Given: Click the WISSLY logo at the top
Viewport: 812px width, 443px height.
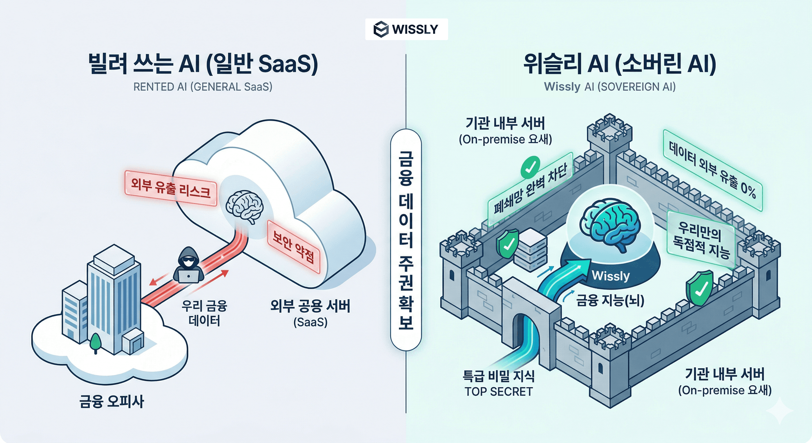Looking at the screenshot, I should [406, 29].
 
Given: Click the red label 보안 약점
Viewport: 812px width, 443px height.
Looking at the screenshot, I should [294, 247].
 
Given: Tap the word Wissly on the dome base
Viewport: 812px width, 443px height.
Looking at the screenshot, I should [610, 276].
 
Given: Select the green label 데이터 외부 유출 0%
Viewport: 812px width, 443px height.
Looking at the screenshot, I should [713, 170].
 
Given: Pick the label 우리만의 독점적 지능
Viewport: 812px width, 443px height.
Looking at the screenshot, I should [701, 240].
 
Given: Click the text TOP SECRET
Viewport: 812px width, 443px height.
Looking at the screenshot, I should [498, 392].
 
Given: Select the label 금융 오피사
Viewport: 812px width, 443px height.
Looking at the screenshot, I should [112, 401].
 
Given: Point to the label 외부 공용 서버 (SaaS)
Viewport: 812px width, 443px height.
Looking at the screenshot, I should [310, 313].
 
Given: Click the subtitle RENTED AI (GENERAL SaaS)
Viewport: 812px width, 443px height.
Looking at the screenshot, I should [203, 87].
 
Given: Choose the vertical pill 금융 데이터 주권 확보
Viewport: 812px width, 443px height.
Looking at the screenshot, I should [406, 240].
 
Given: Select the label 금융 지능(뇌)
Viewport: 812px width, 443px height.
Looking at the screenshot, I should [610, 300].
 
